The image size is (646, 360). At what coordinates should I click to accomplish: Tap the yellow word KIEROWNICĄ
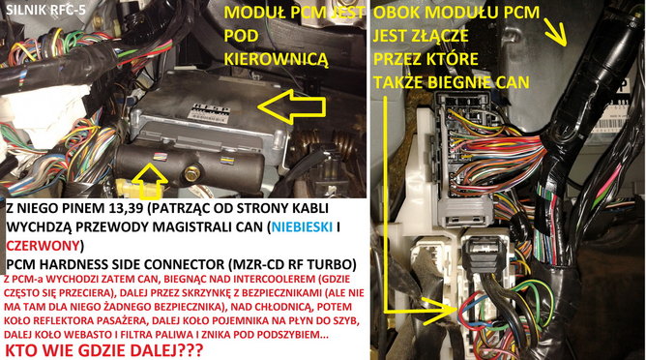click(x=276, y=58)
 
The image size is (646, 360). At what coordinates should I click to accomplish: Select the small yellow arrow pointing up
click(x=141, y=177)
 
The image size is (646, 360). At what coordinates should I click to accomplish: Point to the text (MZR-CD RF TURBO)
click(x=277, y=262)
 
